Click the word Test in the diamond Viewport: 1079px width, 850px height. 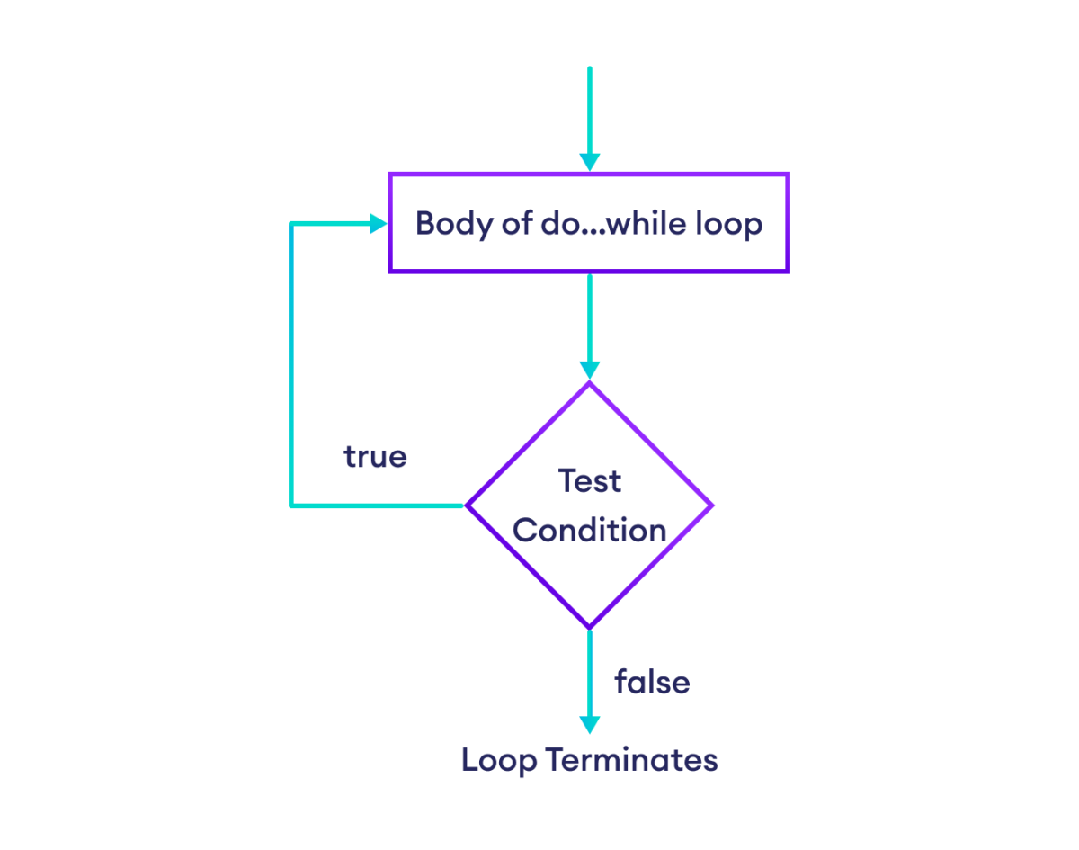point(589,480)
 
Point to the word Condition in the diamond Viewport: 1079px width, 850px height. point(589,530)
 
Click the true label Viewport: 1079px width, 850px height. point(375,457)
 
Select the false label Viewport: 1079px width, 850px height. point(652,682)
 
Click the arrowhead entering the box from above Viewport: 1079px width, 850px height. point(589,162)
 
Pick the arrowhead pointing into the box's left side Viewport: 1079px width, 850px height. point(379,223)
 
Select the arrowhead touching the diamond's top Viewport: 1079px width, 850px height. point(589,370)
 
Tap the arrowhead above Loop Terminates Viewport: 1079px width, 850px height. point(589,725)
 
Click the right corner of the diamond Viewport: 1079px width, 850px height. point(712,506)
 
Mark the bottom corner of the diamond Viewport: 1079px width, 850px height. point(589,627)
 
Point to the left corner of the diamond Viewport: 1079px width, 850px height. point(466,506)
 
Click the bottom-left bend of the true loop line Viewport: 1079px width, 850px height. point(291,506)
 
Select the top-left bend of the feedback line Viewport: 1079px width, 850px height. point(291,223)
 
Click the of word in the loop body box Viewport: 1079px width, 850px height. point(516,223)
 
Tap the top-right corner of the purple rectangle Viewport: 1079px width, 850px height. point(788,174)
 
